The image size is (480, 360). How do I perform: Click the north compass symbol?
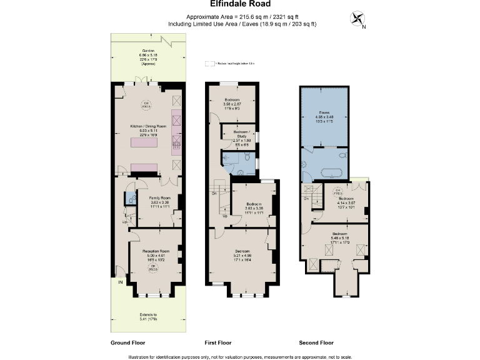(358, 19)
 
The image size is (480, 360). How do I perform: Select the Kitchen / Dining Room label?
(148, 129)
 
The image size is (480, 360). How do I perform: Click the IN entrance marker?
(120, 282)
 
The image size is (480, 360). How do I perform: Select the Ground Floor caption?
(128, 342)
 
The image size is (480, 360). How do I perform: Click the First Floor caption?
(218, 342)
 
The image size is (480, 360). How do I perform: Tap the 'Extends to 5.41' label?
(148, 317)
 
